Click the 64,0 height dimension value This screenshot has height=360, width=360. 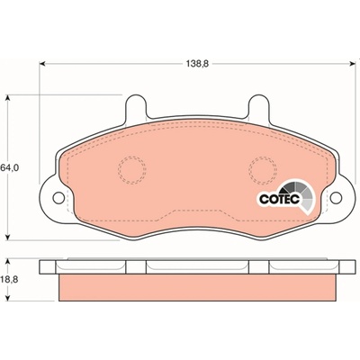tap(10, 168)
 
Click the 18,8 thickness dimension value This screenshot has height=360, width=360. tap(10, 279)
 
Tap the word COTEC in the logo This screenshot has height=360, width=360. tap(280, 199)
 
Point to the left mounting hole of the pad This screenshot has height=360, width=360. tap(58, 197)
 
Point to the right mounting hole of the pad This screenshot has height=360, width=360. tap(336, 197)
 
